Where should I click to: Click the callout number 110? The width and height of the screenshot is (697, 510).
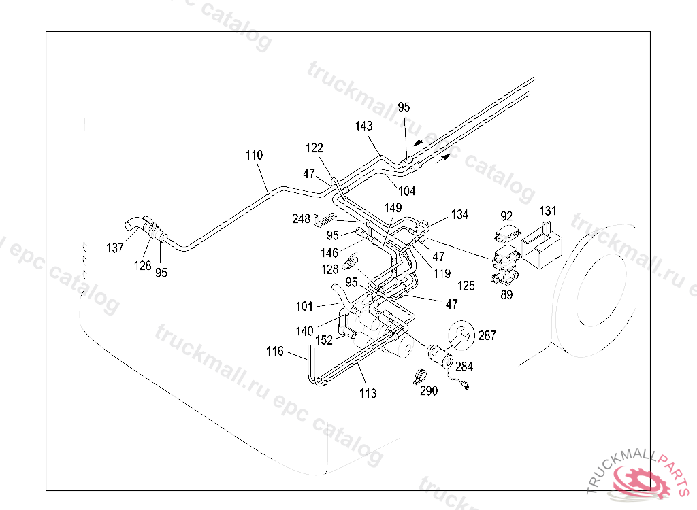255,155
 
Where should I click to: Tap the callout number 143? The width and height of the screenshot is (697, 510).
363,126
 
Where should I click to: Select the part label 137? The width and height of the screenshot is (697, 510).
114,248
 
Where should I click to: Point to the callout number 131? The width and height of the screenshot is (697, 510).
548,211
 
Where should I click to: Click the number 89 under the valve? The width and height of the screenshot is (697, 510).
506,294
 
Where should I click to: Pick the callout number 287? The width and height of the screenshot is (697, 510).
487,335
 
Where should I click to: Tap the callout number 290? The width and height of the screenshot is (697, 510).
429,391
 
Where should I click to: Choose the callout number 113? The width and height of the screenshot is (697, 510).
368,393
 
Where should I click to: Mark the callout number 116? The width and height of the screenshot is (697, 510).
275,352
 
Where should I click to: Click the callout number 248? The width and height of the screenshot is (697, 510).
301,218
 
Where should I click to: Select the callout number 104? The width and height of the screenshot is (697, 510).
407,191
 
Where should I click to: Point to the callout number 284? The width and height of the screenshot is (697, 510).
464,367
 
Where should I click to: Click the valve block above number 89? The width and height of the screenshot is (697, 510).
506,266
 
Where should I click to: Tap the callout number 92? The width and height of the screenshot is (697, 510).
506,216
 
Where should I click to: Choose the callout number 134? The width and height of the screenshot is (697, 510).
459,215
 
